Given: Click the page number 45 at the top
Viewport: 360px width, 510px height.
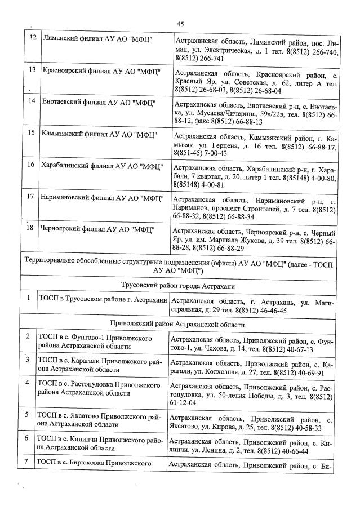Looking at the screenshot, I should click(180, 23).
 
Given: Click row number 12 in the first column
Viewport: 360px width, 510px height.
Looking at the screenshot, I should click(33, 38).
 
